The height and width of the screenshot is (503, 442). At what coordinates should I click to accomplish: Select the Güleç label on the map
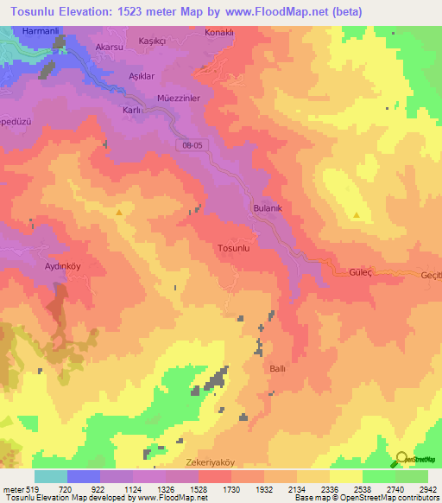pyautogui.click(x=360, y=271)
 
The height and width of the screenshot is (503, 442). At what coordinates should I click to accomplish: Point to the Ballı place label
pyautogui.click(x=278, y=368)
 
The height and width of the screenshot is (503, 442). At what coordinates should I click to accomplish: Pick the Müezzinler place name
pyautogui.click(x=179, y=99)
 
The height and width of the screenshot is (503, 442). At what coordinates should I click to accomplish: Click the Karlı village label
pyautogui.click(x=131, y=111)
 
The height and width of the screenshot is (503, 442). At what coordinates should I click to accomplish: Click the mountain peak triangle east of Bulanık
pyautogui.click(x=357, y=214)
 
